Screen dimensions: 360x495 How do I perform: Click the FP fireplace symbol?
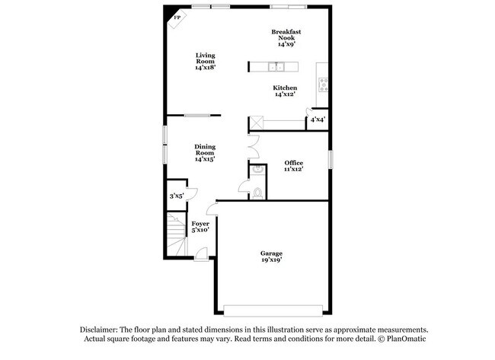(x=177, y=18)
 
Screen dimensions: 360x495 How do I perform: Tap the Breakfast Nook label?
(x=286, y=37)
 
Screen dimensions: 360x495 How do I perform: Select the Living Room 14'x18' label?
(x=205, y=61)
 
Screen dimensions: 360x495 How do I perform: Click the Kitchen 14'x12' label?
(x=285, y=91)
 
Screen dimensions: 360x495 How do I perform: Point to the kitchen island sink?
(x=275, y=66)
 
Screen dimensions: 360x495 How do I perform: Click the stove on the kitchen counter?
(x=323, y=83)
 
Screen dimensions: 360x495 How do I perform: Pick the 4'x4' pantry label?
(x=317, y=119)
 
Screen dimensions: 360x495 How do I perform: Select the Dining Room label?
(x=204, y=153)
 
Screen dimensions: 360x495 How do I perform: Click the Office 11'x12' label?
(x=293, y=166)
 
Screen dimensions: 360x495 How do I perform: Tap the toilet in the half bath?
(x=257, y=192)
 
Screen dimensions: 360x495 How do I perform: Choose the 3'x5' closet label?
(x=177, y=196)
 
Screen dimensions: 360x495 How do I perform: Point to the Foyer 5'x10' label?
(x=200, y=226)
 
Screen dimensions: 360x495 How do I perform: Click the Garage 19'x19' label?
(x=271, y=256)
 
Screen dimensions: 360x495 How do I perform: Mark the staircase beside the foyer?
(x=177, y=232)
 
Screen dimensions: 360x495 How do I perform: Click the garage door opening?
(x=271, y=308)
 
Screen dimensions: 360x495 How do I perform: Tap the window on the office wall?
(x=331, y=160)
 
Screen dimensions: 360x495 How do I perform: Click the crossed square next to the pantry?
(x=257, y=122)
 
